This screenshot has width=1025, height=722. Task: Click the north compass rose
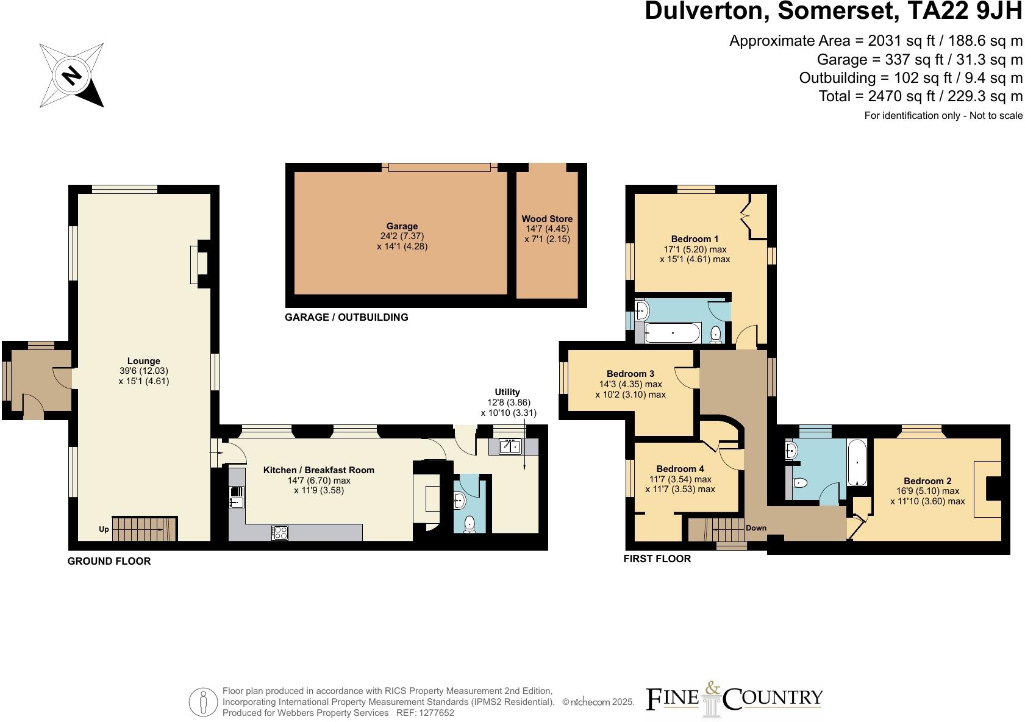[71, 75]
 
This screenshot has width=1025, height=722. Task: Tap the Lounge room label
[144, 361]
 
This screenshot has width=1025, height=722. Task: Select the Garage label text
[402, 226]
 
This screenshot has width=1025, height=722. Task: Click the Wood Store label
[547, 219]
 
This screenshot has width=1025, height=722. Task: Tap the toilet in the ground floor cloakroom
[470, 524]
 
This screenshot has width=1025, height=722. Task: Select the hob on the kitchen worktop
[280, 532]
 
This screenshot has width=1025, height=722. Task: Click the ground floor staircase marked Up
[144, 528]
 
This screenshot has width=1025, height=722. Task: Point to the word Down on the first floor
[755, 528]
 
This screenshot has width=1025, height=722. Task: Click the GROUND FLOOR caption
[109, 561]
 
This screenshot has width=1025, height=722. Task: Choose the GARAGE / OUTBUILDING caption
[346, 317]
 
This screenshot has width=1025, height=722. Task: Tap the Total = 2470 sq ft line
[920, 96]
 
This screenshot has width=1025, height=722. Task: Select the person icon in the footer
[203, 702]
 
